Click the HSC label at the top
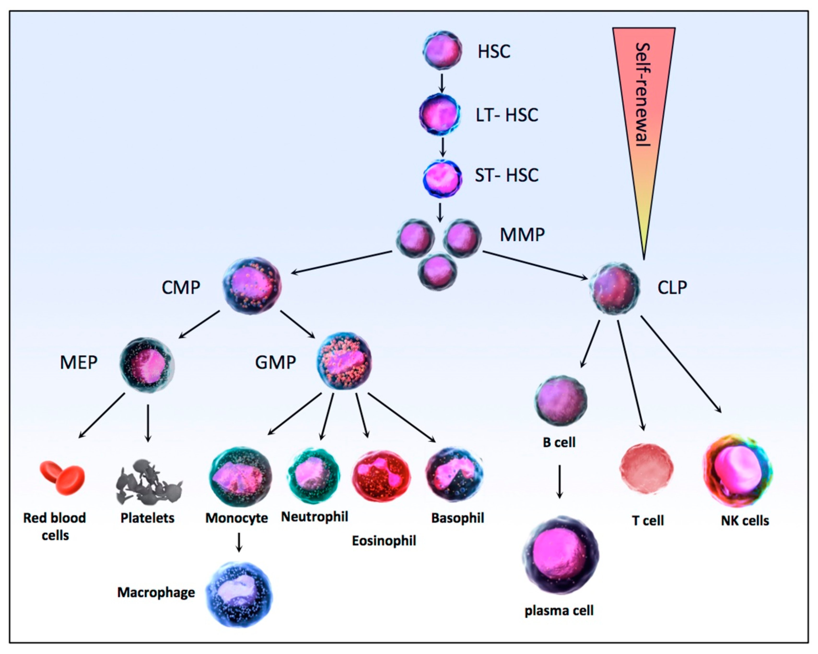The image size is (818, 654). [494, 52]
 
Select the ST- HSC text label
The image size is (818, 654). [507, 175]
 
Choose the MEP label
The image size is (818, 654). [79, 363]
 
